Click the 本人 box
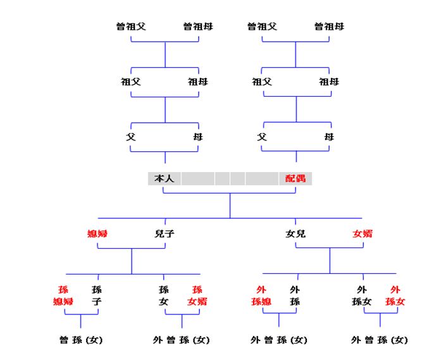pyautogui.click(x=165, y=178)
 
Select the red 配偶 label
pyautogui.click(x=295, y=178)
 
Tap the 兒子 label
pyautogui.click(x=165, y=233)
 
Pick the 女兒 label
pyautogui.click(x=295, y=233)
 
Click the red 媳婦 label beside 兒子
pyautogui.click(x=97, y=233)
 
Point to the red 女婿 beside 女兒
pyautogui.click(x=363, y=233)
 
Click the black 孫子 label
pyautogui.click(x=97, y=295)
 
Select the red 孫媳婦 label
pyautogui.click(x=63, y=295)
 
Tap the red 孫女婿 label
pyautogui.click(x=197, y=295)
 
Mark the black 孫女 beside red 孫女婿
pyautogui.click(x=164, y=295)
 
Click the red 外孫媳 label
pyautogui.click(x=261, y=295)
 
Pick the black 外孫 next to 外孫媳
pyautogui.click(x=295, y=295)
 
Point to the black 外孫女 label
pyautogui.click(x=363, y=295)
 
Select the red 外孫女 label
pyautogui.click(x=395, y=295)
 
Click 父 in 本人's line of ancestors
pyautogui.click(x=130, y=137)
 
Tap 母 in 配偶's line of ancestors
pyautogui.click(x=328, y=137)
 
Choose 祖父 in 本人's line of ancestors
pyautogui.click(x=130, y=82)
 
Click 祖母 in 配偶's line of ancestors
pyautogui.click(x=328, y=82)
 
